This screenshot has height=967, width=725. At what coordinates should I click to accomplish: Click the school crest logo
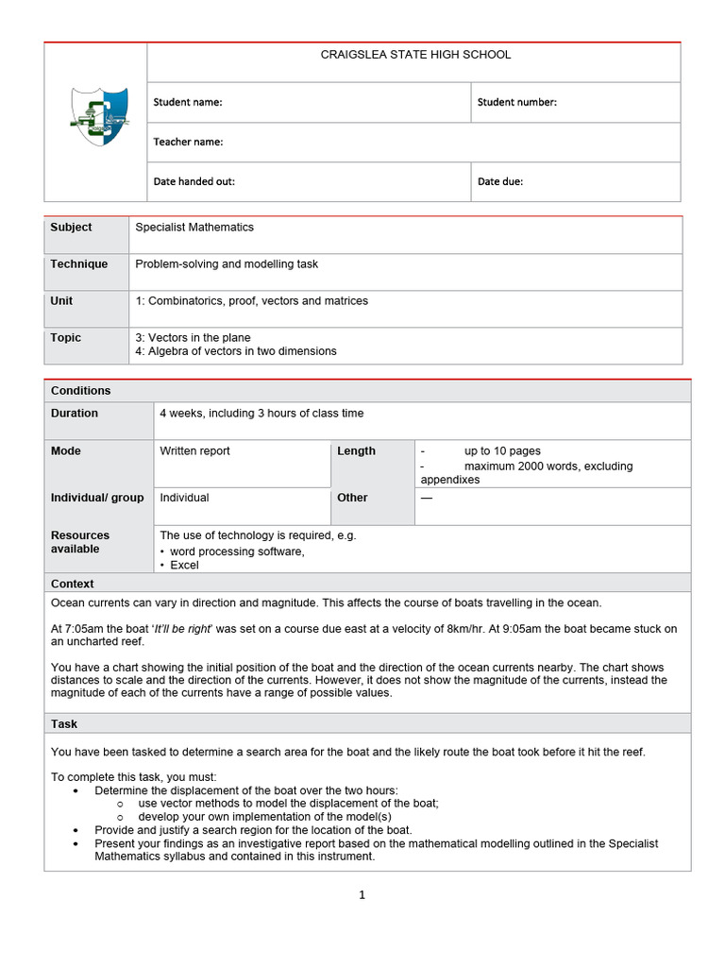pyautogui.click(x=97, y=115)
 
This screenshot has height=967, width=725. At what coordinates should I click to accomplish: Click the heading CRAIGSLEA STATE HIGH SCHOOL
pyautogui.click(x=415, y=55)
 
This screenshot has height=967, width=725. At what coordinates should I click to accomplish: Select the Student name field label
pyautogui.click(x=188, y=102)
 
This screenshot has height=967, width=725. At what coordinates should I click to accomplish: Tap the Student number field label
pyautogui.click(x=516, y=102)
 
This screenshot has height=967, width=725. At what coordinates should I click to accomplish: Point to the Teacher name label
pyautogui.click(x=188, y=142)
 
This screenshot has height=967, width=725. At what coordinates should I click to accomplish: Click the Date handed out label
pyautogui.click(x=194, y=181)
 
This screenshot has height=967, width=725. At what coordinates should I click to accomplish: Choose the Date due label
pyautogui.click(x=499, y=181)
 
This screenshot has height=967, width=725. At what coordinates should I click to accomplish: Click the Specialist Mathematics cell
pyautogui.click(x=194, y=227)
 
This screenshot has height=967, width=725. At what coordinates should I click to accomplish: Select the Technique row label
pyautogui.click(x=79, y=264)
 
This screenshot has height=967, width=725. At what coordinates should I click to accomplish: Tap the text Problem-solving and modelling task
pyautogui.click(x=227, y=264)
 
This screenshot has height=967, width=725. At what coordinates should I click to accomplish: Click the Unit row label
pyautogui.click(x=61, y=301)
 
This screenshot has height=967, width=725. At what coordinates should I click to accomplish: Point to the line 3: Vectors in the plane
pyautogui.click(x=194, y=337)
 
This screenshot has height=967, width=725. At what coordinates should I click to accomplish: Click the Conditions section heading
pyautogui.click(x=81, y=391)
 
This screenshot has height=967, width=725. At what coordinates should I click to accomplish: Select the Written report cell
pyautogui.click(x=194, y=451)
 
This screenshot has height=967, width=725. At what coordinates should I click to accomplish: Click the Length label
pyautogui.click(x=356, y=451)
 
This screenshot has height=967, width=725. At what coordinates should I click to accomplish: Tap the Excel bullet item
pyautogui.click(x=184, y=566)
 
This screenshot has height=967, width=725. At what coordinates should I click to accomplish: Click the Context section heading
pyautogui.click(x=72, y=585)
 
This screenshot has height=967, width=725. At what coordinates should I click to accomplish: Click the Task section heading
pyautogui.click(x=64, y=724)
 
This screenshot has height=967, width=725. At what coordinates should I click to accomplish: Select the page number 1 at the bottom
pyautogui.click(x=362, y=896)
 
